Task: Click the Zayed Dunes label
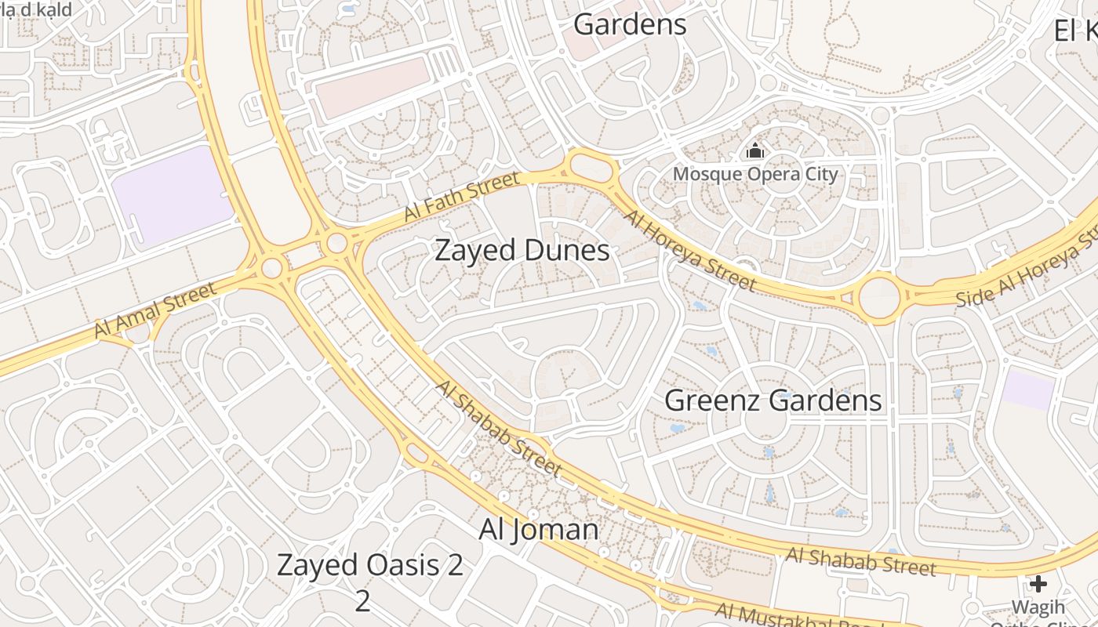pos(522,251)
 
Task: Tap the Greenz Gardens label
pos(773,400)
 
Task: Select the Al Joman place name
pos(538,530)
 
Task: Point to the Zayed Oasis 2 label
pos(370,566)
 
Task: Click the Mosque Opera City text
pos(755,174)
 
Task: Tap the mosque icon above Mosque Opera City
pos(755,150)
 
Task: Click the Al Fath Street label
pos(461,198)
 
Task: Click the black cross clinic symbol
pos(1038,584)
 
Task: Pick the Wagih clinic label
pos(1038,607)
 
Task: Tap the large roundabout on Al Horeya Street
pos(879,298)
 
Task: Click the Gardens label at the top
pos(630,24)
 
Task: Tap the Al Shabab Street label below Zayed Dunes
pos(499,429)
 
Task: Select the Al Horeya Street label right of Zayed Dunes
pos(690,251)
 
